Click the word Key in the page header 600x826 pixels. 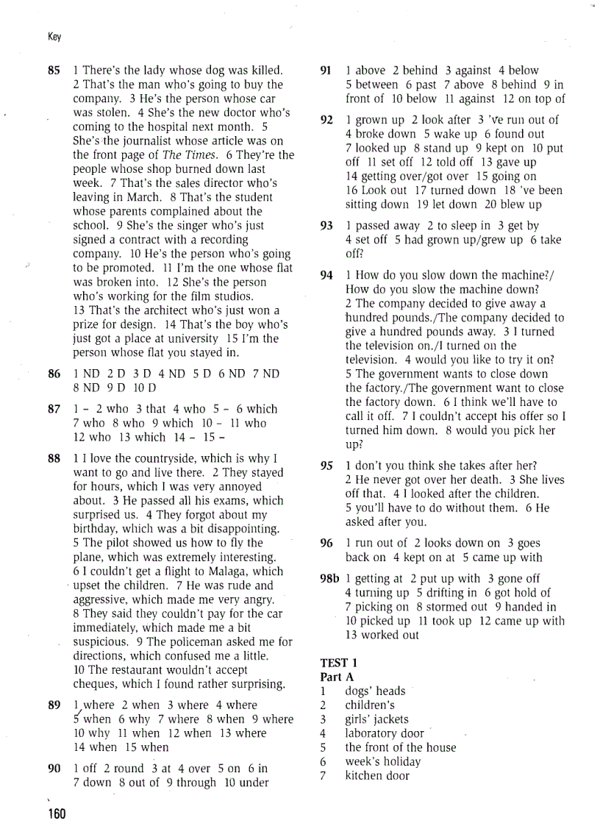pos(54,37)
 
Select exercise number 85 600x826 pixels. pos(54,71)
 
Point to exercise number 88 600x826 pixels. pos(54,458)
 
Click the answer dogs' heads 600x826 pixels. pos(375,691)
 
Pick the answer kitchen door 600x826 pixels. pos(377,775)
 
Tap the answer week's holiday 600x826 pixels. pos(382,761)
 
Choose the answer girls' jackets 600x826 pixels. pos(376,719)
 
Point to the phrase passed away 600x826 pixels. pos(387,226)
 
